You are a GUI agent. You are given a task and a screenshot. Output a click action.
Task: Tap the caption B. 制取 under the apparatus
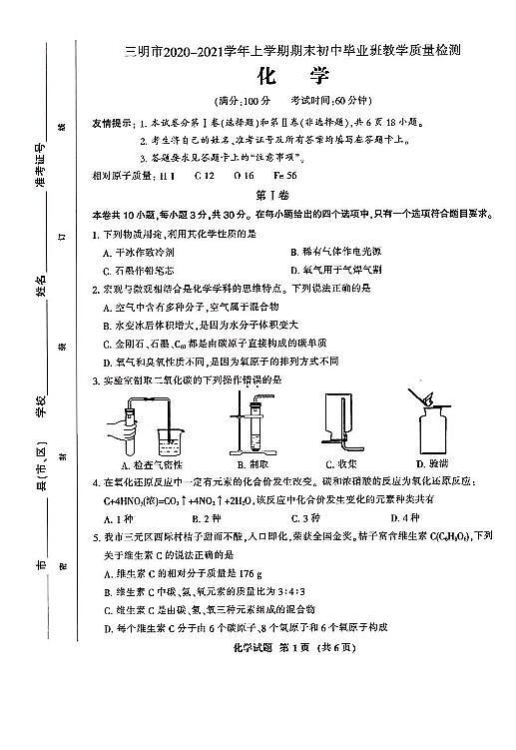247,464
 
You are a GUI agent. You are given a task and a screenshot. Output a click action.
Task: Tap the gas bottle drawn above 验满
434,429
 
